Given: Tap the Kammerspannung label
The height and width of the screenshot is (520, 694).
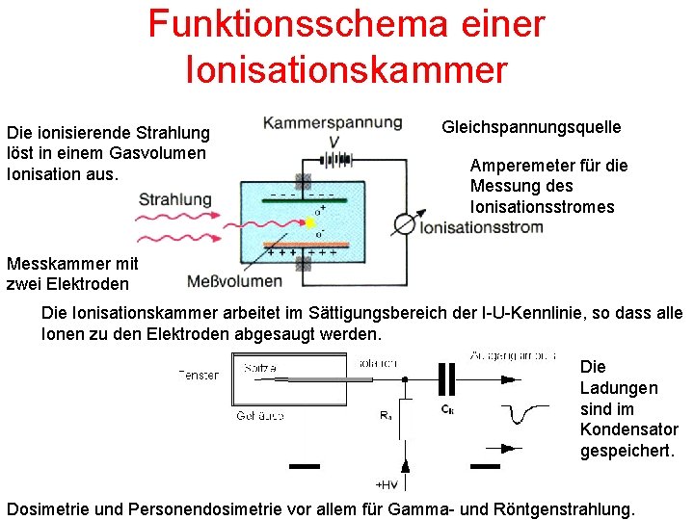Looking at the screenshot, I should pyautogui.click(x=332, y=122).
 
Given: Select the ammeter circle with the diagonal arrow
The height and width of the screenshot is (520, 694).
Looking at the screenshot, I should pyautogui.click(x=405, y=224).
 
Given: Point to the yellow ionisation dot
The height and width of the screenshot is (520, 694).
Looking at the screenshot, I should pyautogui.click(x=310, y=223).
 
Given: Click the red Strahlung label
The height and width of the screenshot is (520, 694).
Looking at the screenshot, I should pyautogui.click(x=174, y=199).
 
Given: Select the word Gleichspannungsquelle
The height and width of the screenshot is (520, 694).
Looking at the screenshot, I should pyautogui.click(x=531, y=127).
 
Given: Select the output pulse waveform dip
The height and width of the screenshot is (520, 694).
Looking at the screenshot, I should pyautogui.click(x=525, y=413).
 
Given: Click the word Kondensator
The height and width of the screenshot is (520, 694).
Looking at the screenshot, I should pyautogui.click(x=629, y=429).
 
